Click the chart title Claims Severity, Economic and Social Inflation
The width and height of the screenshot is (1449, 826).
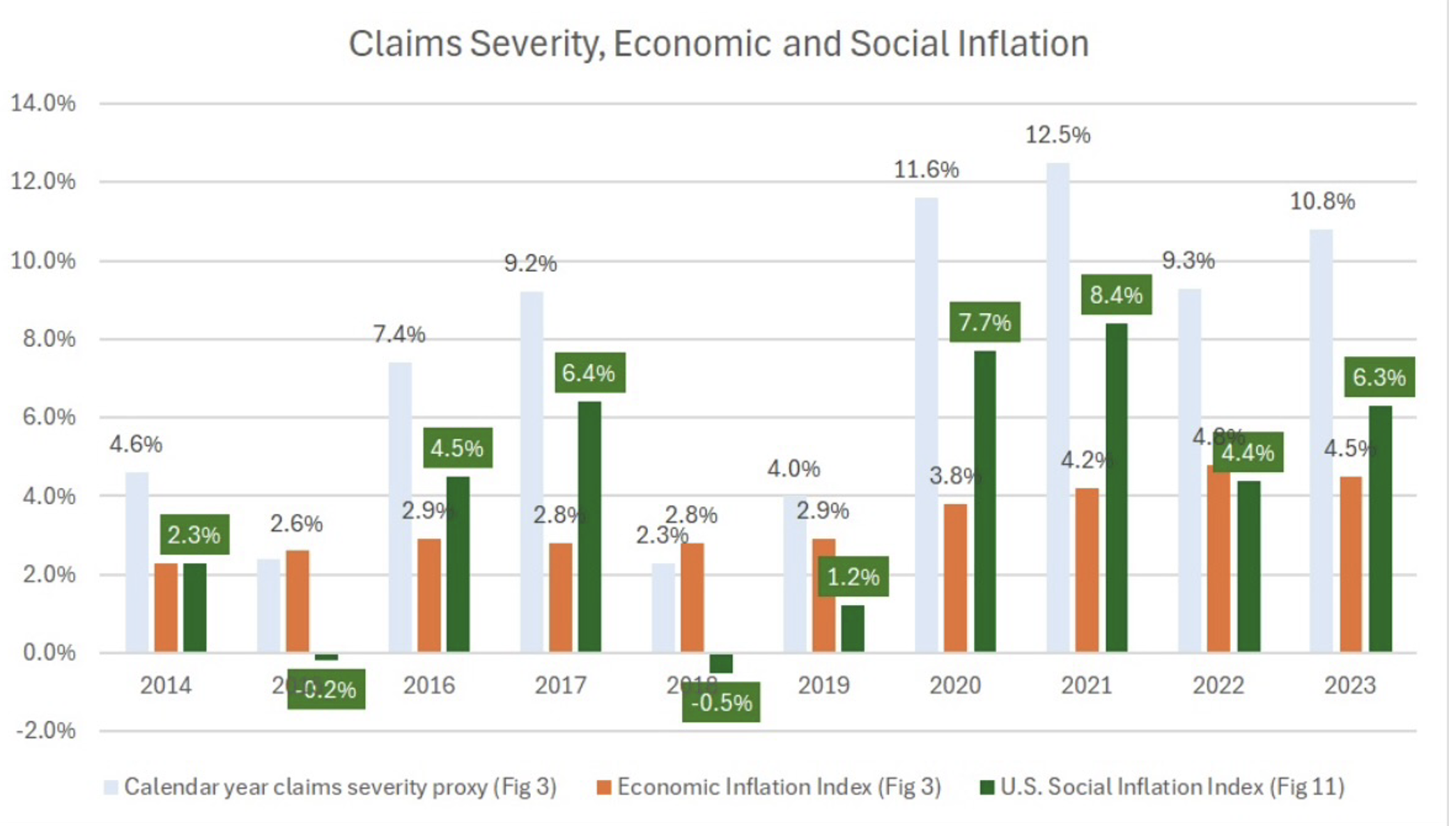coord(718,44)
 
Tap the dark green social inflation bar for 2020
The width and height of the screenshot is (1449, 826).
coord(984,502)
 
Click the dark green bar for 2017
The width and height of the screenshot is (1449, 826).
coord(589,527)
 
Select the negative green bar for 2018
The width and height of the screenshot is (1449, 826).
coord(721,663)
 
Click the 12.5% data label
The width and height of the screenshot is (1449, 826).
coord(1057,135)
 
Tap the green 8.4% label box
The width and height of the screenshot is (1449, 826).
coord(1116,295)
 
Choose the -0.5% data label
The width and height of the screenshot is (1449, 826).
coord(721,703)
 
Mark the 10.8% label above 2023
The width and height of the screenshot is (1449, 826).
coord(1322,201)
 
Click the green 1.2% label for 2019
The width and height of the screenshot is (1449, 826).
coord(853,577)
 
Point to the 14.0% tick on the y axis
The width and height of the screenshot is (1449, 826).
coord(42,103)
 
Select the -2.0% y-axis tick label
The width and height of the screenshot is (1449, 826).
coord(45,731)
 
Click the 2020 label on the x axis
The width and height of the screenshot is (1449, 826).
coord(955,685)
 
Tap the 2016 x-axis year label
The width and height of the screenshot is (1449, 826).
coord(428,685)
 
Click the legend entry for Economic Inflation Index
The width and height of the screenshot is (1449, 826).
coord(769,787)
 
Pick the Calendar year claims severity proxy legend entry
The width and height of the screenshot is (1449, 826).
coord(330,787)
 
